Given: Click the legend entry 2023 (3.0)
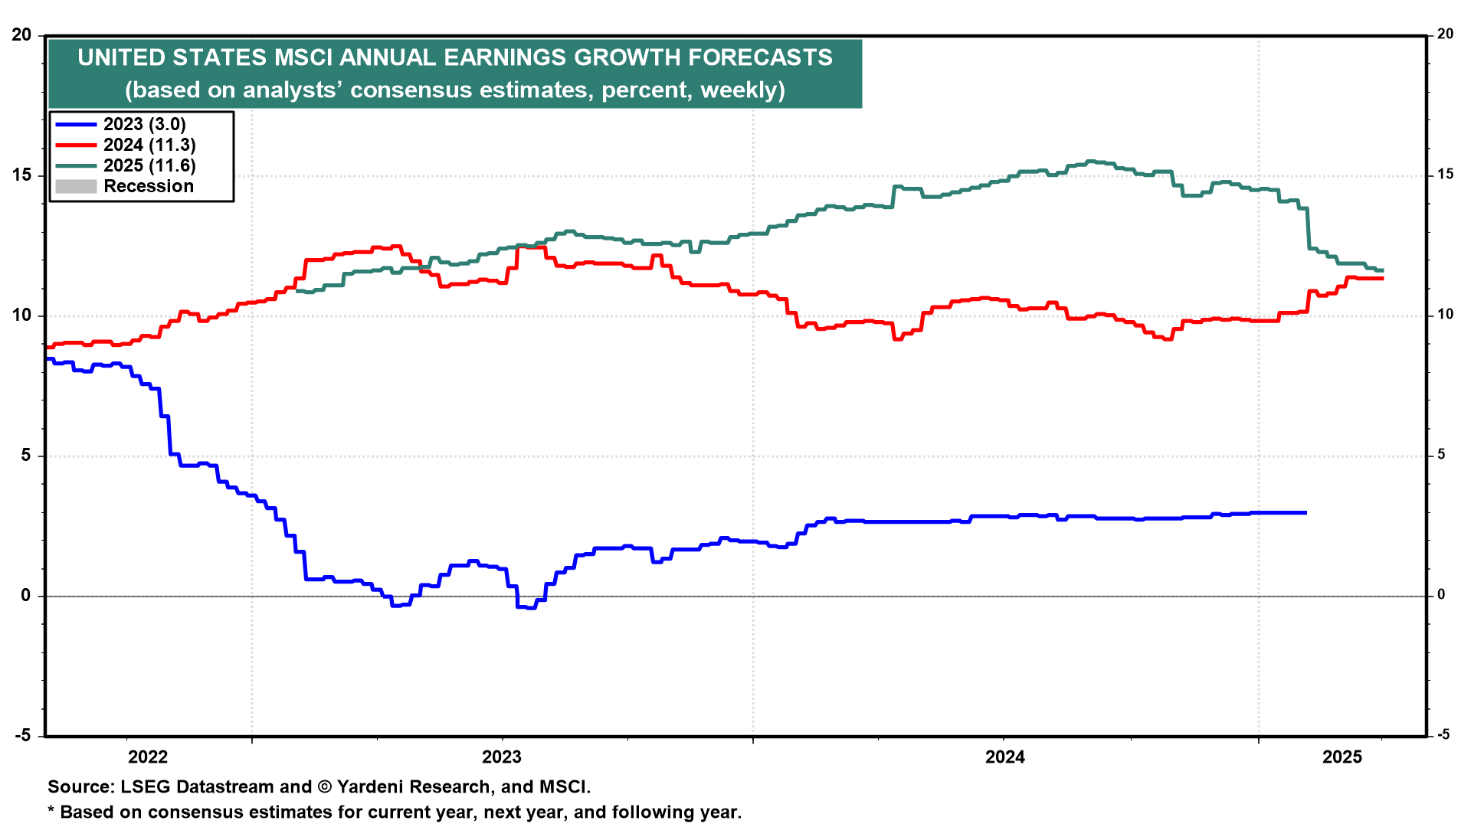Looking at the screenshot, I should (x=145, y=124).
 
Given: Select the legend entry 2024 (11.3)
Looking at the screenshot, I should (x=149, y=145).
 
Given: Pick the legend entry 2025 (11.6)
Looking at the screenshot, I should (x=149, y=165).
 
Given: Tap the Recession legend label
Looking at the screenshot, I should (x=149, y=186).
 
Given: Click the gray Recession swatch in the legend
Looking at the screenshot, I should (x=76, y=186).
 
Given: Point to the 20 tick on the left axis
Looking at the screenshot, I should (x=21, y=35).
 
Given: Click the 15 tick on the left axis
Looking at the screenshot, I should (x=21, y=175).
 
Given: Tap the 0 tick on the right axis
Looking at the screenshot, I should (x=1441, y=595).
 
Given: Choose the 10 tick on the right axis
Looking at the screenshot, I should (x=1445, y=315).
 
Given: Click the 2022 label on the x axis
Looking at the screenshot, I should (x=148, y=757).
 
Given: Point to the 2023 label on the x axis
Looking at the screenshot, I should (x=501, y=757).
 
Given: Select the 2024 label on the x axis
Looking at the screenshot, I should (x=1004, y=757).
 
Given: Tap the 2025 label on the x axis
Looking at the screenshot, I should (x=1342, y=757).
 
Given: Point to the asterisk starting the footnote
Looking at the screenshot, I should (x=51, y=810).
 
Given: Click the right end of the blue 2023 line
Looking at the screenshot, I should (x=1306, y=512).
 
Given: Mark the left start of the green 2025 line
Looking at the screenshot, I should (x=297, y=291).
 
